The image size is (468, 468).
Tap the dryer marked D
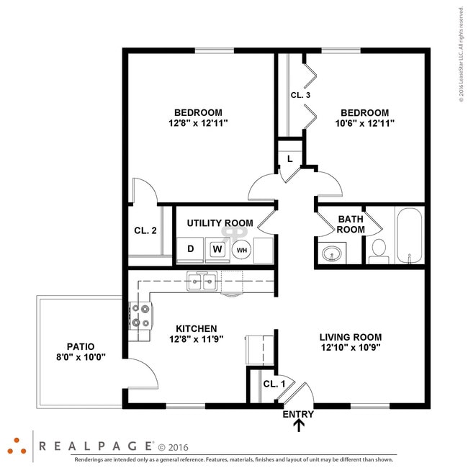point(191,249)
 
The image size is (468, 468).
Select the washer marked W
point(217,250)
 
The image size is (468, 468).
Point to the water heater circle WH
point(242,250)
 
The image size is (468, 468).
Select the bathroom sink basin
point(332,253)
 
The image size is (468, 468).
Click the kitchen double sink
point(202,282)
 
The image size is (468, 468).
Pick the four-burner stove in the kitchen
point(140,315)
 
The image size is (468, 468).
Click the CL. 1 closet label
point(274,384)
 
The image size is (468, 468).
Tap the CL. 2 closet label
point(145,230)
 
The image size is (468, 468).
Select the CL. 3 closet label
point(300,95)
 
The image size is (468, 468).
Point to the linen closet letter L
point(289,158)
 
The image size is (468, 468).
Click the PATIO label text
point(81,346)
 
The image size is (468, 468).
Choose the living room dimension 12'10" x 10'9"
point(350,347)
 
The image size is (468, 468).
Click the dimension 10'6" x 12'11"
point(364,123)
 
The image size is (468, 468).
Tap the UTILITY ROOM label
point(220,223)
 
